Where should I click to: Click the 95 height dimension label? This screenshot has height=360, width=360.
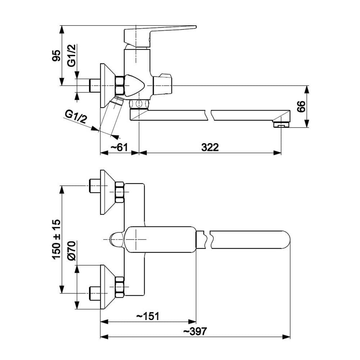point(56,56)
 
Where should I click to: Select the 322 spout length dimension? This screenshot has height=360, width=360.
point(210,147)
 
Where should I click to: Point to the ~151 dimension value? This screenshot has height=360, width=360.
point(148,316)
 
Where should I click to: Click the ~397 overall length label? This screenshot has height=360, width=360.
point(195,332)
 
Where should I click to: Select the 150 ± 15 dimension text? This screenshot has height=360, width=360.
point(56,239)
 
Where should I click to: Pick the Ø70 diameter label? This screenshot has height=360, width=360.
point(71,251)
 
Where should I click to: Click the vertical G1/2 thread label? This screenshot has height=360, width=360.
point(72,56)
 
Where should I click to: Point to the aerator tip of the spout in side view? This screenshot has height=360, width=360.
point(282,125)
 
